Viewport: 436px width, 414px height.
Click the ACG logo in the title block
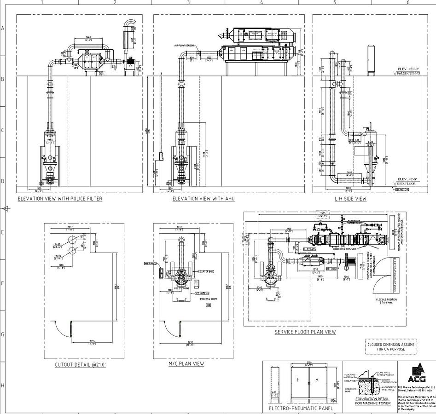tap(417, 370)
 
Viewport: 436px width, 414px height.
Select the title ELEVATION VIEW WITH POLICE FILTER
tap(60, 199)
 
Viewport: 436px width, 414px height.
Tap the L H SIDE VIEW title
tap(351, 199)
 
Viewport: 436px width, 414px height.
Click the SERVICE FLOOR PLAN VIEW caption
tap(305, 332)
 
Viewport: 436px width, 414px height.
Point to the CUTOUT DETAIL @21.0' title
tap(81, 364)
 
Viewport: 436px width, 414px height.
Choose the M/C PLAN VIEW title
tap(186, 363)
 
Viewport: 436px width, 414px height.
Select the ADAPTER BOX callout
tap(203, 272)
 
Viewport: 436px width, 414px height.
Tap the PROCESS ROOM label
tap(208, 299)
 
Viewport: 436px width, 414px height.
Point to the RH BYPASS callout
tap(309, 249)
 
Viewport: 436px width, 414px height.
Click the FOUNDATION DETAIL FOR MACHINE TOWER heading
tap(373, 401)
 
